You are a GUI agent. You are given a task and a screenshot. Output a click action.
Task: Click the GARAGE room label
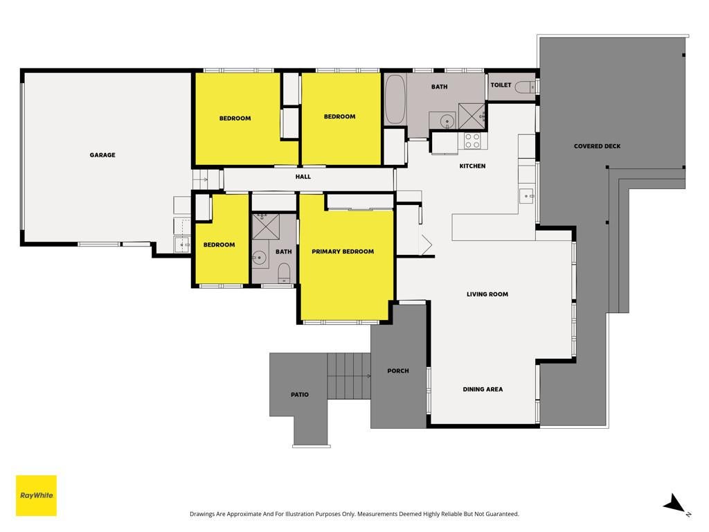102,154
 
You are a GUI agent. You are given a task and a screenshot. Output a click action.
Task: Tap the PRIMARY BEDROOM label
343,251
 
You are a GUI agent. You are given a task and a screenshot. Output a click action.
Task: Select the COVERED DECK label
597,146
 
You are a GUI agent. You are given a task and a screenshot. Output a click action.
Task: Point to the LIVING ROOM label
487,294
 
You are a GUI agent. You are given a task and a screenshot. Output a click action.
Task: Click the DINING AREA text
483,389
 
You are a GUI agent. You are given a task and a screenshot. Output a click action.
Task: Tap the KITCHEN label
472,166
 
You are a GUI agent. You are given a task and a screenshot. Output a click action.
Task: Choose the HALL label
303,177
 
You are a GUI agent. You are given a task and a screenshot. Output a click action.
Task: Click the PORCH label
398,371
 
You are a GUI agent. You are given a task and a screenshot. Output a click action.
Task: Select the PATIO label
299,394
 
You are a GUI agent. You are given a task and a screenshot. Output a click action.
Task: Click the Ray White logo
36,495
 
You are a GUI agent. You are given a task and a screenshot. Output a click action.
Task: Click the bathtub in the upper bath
395,99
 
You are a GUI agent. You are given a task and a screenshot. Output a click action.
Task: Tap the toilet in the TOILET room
526,87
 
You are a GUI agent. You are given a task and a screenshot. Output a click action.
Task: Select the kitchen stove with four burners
472,141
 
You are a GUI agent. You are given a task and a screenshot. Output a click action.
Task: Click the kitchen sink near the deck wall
527,196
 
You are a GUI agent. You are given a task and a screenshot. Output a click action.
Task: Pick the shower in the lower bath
265,227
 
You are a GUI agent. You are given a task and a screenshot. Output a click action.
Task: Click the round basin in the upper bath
447,121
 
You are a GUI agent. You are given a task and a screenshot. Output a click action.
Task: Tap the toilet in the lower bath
283,273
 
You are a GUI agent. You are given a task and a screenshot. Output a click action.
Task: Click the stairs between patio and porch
349,376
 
